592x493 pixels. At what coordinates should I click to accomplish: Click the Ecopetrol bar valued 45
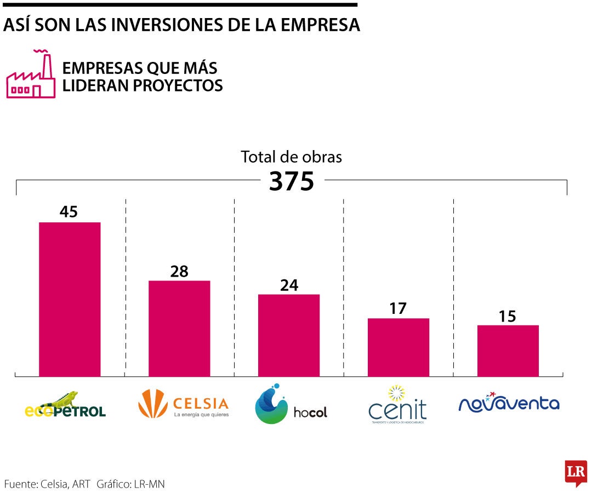70,299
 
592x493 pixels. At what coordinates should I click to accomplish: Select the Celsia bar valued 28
179,328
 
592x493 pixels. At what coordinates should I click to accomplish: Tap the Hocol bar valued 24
289,335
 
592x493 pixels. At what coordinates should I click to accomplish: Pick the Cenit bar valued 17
399,347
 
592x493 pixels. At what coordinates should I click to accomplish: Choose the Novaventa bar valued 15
508,351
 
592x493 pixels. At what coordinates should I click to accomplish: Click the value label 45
69,211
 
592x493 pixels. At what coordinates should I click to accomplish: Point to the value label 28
179,271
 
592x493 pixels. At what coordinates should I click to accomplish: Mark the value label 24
289,284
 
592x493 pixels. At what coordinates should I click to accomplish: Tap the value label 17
398,308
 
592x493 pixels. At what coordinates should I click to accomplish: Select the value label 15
508,316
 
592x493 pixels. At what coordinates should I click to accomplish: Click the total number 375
292,182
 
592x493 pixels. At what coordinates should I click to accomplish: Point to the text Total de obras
291,157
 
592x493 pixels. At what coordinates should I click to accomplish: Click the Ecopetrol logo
65,405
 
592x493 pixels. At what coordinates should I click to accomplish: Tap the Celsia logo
183,405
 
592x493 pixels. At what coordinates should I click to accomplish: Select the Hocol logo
291,405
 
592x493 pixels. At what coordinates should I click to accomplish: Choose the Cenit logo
397,405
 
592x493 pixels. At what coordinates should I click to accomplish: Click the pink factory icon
31,75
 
